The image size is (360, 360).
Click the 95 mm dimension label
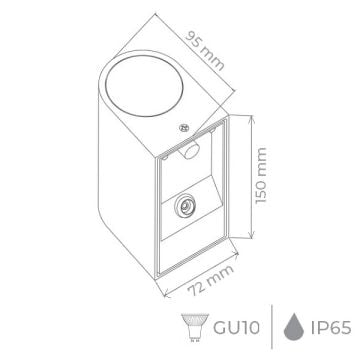pos(209,44)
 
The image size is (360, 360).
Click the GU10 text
pos(237,325)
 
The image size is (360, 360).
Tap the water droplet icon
pos(290,325)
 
